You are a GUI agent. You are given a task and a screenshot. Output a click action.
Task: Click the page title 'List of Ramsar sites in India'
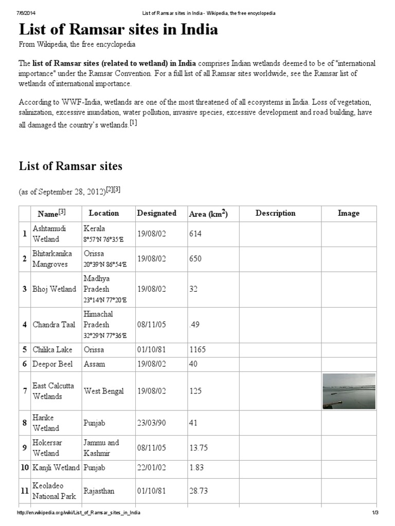pyautogui.click(x=118, y=30)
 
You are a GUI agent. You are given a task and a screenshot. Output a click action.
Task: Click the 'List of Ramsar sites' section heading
pyautogui.click(x=70, y=165)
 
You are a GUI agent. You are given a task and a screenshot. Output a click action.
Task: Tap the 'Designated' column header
pyautogui.click(x=156, y=213)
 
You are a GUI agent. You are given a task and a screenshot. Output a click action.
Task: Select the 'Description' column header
pyautogui.click(x=275, y=213)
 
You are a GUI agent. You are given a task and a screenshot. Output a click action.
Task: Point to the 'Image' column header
pyautogui.click(x=348, y=213)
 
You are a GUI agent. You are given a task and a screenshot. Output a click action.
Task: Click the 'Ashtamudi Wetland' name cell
pyautogui.click(x=46, y=233)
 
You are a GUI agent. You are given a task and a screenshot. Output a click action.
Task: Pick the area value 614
pyautogui.click(x=195, y=234)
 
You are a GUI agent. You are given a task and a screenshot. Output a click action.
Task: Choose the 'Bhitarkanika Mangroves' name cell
pyautogui.click(x=52, y=258)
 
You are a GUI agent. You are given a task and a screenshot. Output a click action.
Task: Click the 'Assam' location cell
pyautogui.click(x=94, y=364)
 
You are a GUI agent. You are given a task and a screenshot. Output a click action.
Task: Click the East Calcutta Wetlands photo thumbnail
pyautogui.click(x=348, y=391)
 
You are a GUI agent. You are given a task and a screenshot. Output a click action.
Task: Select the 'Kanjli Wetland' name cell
pyautogui.click(x=56, y=468)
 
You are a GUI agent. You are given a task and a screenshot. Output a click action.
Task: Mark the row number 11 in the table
pyautogui.click(x=24, y=491)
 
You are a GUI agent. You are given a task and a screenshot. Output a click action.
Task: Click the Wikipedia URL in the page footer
pyautogui.click(x=78, y=513)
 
